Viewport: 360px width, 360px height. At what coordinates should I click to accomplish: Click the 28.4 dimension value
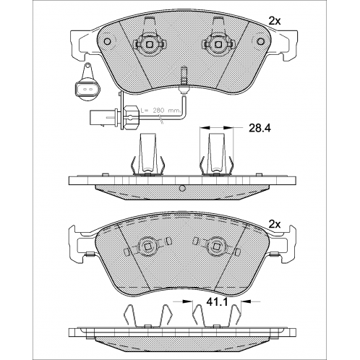pos(260,128)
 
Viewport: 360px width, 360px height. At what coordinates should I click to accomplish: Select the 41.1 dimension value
pos(217,301)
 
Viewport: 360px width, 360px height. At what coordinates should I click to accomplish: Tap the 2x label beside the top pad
pos(275,22)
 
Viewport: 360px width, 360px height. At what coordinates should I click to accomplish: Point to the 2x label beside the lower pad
pos(275,225)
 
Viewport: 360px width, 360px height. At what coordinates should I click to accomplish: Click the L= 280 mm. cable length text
pos(160,111)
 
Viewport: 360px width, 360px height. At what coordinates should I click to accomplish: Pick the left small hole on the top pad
pos(108,41)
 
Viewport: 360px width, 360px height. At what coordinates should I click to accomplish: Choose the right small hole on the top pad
pos(260,41)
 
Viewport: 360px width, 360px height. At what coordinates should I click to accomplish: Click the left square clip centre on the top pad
pos(150,44)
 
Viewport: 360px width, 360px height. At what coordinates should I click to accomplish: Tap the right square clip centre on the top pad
pos(218,44)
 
